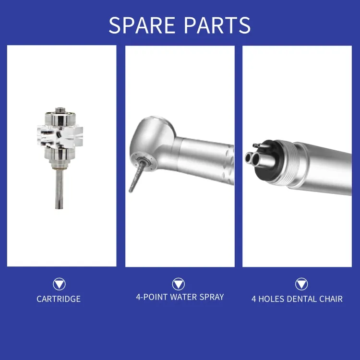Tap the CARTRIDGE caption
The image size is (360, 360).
[59, 299]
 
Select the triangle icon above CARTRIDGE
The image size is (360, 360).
[59, 284]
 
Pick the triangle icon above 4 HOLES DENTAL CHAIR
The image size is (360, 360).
[301, 284]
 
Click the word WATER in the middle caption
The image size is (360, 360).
[180, 297]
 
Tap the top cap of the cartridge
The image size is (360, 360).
[60, 112]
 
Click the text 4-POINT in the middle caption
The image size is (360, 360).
[150, 297]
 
